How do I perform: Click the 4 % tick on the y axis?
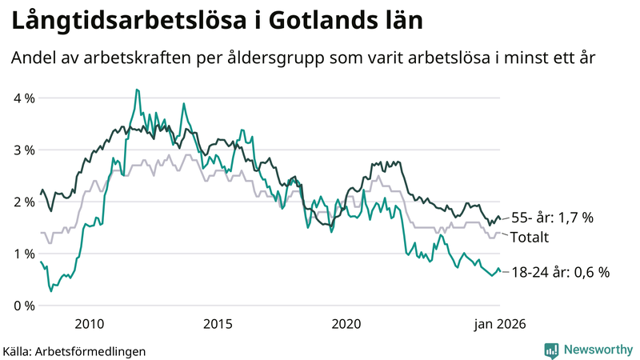point(22,98)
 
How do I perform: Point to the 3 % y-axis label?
point(22,150)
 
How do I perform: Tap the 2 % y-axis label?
point(22,202)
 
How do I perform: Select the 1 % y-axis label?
point(22,254)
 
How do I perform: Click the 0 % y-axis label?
point(22,306)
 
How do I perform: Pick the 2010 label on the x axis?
point(89,324)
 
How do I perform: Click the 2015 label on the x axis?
point(218,324)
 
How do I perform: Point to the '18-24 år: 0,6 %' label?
point(560,273)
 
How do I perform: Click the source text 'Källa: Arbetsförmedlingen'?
point(74,350)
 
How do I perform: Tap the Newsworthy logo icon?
point(551,350)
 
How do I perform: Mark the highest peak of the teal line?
point(137,90)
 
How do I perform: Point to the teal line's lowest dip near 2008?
point(51,290)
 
